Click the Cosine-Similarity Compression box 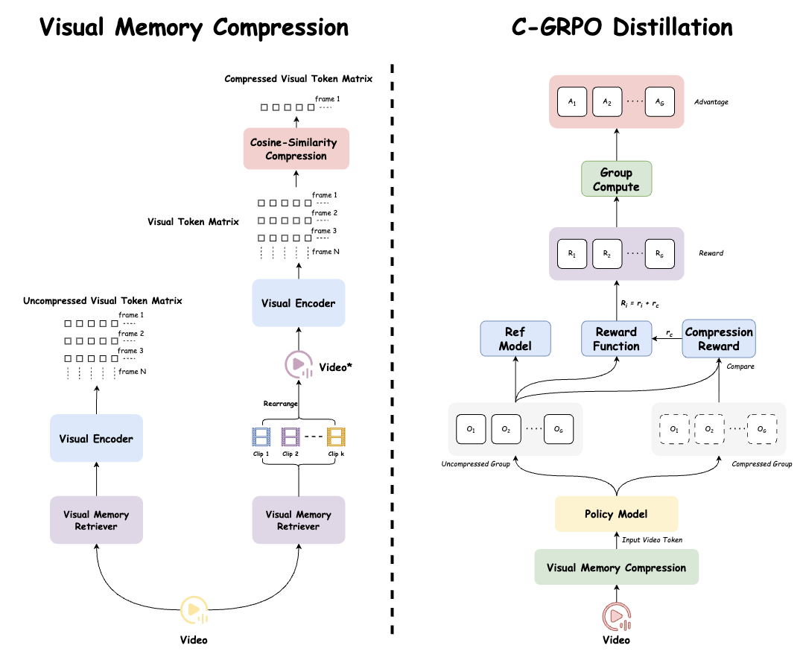click(296, 149)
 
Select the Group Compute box click(616, 180)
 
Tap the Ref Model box click(515, 339)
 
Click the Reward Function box click(616, 339)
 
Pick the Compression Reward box click(718, 339)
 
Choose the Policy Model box click(616, 514)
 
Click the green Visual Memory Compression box click(616, 568)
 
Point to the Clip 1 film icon click(261, 437)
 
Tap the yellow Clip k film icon click(337, 437)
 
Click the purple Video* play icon click(298, 365)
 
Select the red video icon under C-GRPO click(616, 615)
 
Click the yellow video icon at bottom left click(194, 609)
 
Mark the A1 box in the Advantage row click(572, 102)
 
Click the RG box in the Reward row click(659, 254)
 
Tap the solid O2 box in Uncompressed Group click(506, 429)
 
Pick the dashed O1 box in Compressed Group click(673, 429)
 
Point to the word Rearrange click(281, 404)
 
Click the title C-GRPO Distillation click(622, 28)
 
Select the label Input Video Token click(653, 540)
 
